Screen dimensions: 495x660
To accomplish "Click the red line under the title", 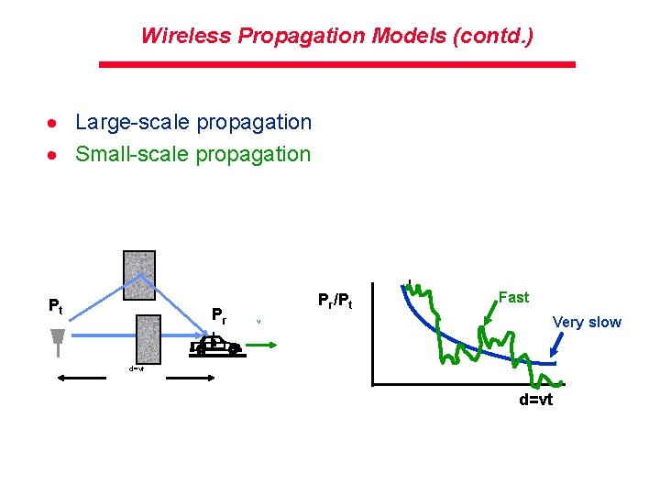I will coord(336,64).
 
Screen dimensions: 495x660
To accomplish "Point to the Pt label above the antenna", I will coord(56,306).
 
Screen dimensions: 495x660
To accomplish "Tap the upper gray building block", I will coord(139,274).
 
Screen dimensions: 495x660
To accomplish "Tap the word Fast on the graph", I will coord(513,297).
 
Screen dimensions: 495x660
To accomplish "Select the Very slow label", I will coord(587,322).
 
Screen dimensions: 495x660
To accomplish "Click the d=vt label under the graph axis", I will coord(536,401).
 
